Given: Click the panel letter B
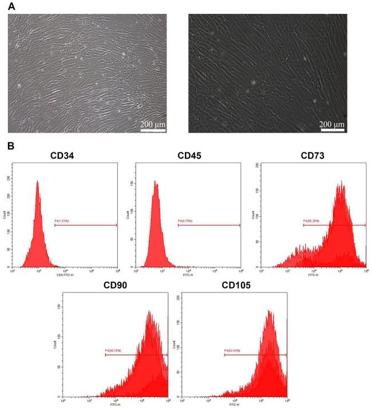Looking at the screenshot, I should tap(10, 146).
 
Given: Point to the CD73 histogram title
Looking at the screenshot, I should tap(312, 156).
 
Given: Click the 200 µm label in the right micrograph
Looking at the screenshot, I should tap(333, 124).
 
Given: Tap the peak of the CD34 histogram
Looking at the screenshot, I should tap(38, 181).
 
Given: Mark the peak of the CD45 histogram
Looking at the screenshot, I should tap(156, 183).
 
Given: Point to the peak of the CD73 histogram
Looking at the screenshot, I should tap(341, 182).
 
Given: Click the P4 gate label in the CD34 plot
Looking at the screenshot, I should tap(62, 220).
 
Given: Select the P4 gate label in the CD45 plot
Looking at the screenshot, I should tap(185, 220).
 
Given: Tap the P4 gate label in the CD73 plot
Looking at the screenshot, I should tap(310, 220).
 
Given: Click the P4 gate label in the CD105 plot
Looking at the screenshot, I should tap(232, 351).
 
